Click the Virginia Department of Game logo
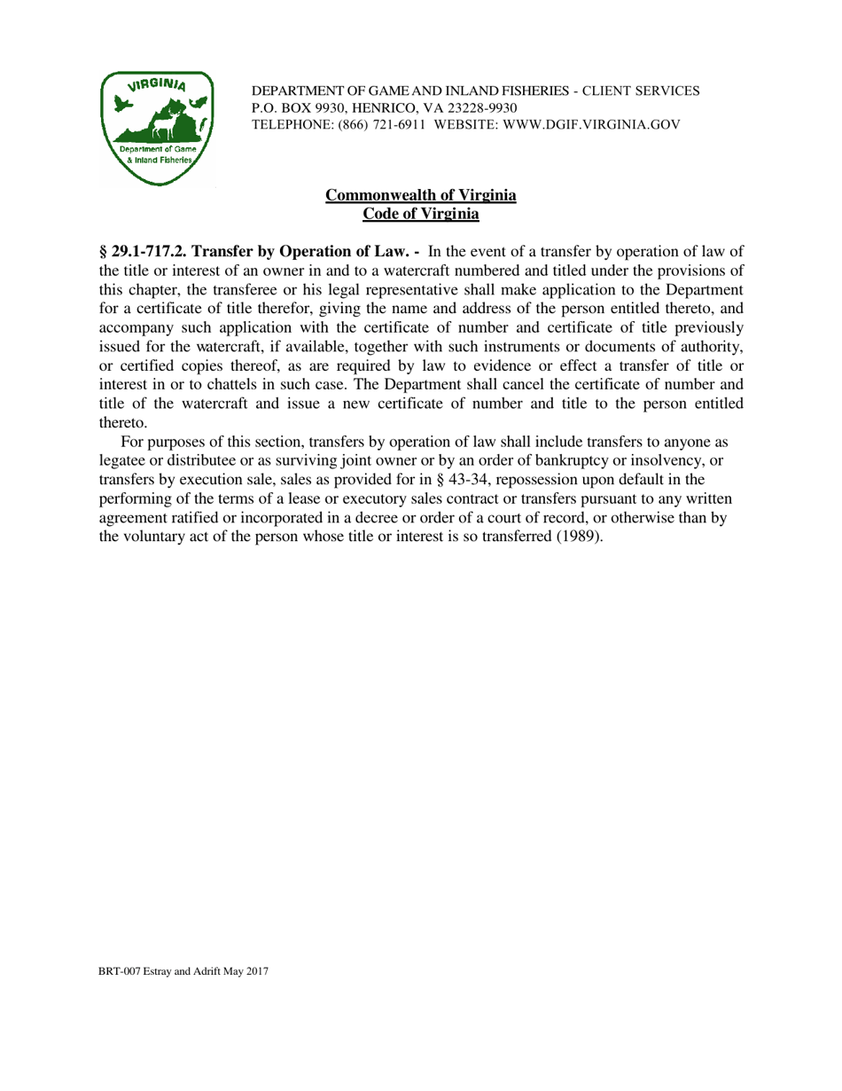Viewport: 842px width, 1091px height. coord(157,128)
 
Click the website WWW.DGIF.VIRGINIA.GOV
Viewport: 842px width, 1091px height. coord(591,125)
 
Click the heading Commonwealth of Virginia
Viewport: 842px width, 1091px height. coord(421,195)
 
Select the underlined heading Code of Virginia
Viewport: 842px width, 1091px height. coord(421,213)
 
